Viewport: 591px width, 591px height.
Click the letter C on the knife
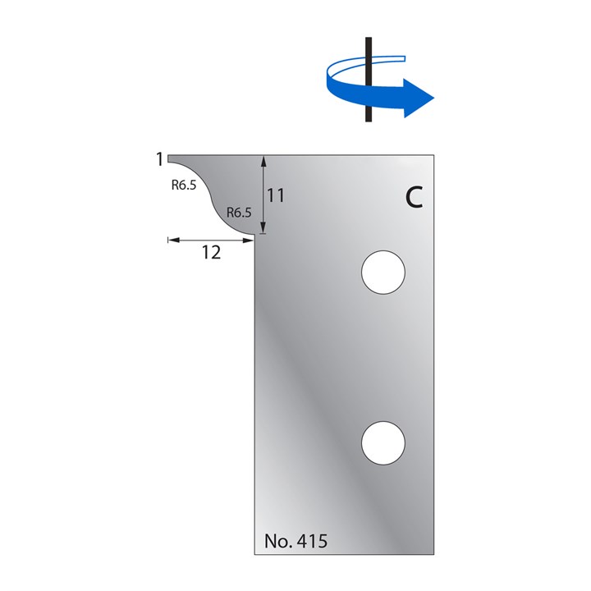[415, 198]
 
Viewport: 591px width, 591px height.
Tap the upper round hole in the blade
[383, 271]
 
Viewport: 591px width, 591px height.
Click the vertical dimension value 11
[276, 195]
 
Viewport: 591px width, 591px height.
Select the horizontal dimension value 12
[211, 253]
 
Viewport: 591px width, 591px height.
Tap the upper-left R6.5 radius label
[184, 186]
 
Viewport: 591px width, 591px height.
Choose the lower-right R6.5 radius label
[238, 213]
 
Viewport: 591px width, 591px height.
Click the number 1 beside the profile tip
[159, 159]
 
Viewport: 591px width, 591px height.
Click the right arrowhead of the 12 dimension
[250, 240]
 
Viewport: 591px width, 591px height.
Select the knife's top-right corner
[433, 153]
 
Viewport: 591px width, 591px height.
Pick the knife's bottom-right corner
[433, 554]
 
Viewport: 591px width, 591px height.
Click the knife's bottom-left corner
[256, 554]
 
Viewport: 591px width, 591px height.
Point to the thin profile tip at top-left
[170, 156]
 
